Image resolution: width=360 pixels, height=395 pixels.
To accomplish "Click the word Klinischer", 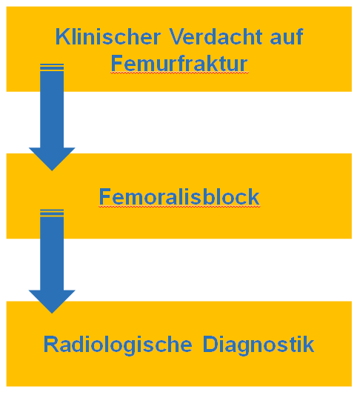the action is point(108,37).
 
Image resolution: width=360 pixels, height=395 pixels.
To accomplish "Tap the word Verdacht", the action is point(216,37).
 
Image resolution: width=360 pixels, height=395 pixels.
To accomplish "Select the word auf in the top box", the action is point(287,37).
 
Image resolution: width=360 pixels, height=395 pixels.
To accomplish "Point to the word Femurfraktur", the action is point(179,64).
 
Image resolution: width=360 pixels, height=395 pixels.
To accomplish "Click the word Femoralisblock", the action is point(179,196).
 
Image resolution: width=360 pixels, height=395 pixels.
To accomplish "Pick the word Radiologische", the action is point(118,344).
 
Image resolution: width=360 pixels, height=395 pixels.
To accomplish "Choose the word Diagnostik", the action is point(259,344).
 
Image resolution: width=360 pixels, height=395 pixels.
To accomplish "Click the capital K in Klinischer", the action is point(62,37).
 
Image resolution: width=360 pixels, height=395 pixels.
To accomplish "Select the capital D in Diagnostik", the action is point(210,344).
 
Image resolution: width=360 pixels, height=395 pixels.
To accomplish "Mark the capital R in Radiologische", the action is point(51,344).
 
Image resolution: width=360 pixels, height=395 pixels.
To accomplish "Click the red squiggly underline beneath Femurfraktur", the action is point(179,73).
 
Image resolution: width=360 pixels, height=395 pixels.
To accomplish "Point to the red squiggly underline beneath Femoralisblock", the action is point(179,207).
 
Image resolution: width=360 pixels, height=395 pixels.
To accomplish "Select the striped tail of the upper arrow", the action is point(52,67).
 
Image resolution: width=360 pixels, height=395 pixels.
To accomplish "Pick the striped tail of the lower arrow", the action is point(52,213).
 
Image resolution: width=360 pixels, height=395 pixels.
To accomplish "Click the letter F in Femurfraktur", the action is point(116,64).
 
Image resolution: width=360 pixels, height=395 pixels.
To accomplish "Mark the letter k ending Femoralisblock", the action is point(253,196).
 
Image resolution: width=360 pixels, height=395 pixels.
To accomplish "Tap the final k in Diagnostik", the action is point(309,344).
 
